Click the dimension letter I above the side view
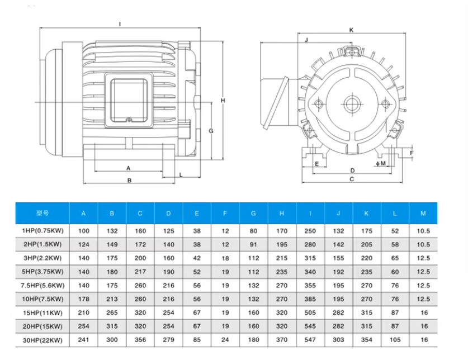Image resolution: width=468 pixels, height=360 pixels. (120, 24)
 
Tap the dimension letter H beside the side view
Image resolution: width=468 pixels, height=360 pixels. (223, 101)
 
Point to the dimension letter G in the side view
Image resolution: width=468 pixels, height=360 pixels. (211, 131)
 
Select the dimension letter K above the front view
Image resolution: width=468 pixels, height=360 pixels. (351, 30)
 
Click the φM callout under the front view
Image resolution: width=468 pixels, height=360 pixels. (381, 163)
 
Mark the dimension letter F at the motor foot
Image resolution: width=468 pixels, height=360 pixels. (412, 153)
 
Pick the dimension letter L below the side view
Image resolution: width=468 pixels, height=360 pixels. (181, 175)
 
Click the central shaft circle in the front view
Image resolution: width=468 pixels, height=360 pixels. (352, 104)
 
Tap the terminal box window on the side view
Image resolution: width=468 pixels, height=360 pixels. (129, 101)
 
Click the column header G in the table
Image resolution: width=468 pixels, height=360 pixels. (253, 214)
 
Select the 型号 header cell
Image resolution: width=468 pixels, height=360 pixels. (42, 213)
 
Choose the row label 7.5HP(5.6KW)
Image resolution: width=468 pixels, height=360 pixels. (42, 286)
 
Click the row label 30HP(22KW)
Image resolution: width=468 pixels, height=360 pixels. (42, 340)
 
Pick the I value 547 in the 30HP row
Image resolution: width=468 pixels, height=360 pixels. (310, 340)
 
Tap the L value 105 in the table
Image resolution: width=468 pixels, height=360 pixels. (395, 340)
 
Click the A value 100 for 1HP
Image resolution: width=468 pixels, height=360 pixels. (83, 231)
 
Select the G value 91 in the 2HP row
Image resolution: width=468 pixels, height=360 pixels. (253, 244)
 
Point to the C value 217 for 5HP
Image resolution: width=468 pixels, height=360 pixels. (140, 272)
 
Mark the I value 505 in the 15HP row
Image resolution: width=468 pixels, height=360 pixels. (310, 312)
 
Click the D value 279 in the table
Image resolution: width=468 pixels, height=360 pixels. (169, 340)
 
